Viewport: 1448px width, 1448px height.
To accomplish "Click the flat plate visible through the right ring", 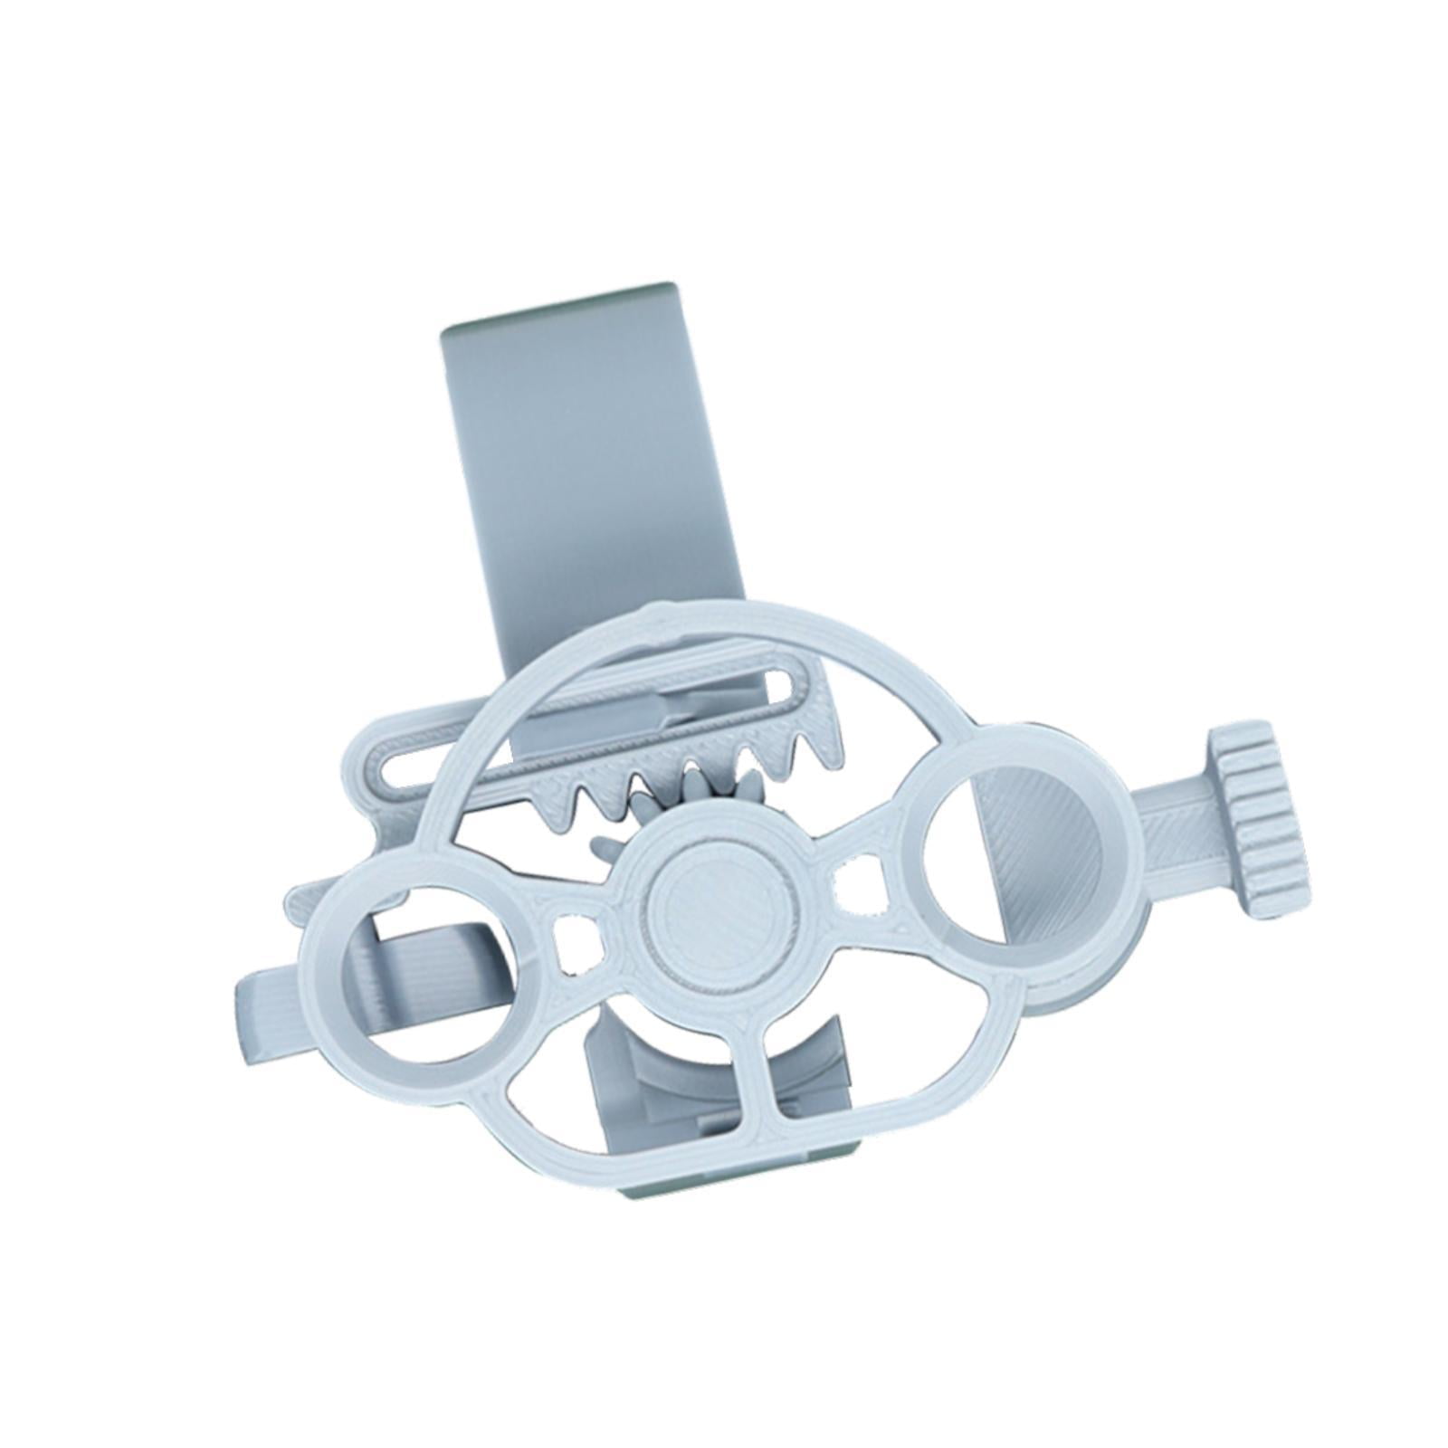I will click(1032, 842).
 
